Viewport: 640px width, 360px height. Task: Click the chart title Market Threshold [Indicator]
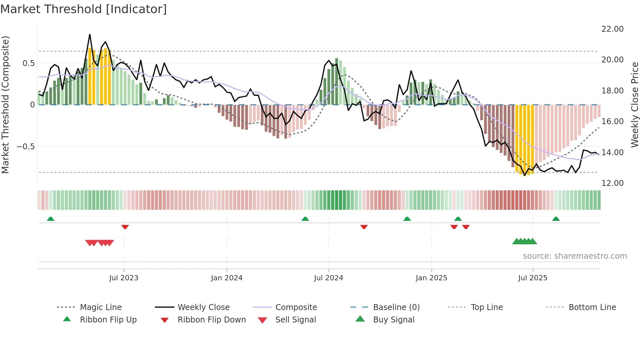click(x=84, y=9)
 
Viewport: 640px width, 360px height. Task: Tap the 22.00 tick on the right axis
click(x=612, y=29)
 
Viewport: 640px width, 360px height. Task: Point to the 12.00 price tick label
click(x=612, y=183)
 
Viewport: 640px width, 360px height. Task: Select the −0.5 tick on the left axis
click(x=25, y=147)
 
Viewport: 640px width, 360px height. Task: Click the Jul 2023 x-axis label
click(x=124, y=278)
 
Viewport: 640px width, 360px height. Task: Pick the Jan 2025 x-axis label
click(x=431, y=278)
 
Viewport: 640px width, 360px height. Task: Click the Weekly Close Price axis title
click(x=634, y=105)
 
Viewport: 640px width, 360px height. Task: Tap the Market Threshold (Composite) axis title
click(x=5, y=105)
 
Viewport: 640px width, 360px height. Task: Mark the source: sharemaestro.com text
click(x=575, y=256)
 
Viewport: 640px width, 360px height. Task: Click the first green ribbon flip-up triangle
click(x=51, y=219)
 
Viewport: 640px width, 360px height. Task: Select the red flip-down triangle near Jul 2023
click(x=125, y=227)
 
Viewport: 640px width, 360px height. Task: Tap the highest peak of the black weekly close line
click(x=90, y=34)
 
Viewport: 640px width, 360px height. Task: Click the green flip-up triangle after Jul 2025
click(x=556, y=219)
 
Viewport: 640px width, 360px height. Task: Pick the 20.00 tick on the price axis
click(x=612, y=60)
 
